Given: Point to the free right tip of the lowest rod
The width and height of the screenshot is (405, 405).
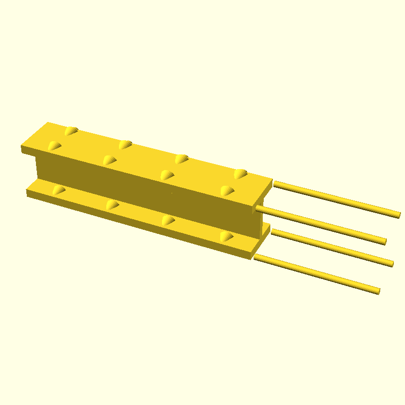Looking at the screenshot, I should coord(377,291).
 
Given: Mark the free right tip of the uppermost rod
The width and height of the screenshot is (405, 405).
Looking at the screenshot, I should coord(398,215).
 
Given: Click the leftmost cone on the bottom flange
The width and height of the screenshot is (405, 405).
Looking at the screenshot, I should coord(59,190).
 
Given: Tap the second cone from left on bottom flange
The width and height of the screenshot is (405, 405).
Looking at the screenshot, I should coord(112,205).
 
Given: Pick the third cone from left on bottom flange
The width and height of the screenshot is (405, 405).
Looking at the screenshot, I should coord(168,221).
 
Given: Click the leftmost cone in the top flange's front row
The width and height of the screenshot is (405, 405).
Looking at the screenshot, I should coord(54,146).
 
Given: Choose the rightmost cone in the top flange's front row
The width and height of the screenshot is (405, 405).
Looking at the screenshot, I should coord(227,191).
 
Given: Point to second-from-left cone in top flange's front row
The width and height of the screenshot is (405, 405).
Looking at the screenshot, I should coord(109,160).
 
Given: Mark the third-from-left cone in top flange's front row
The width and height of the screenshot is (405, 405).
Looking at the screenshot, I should coord(167,175).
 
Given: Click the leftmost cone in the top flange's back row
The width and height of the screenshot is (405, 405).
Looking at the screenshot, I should coord(72,131).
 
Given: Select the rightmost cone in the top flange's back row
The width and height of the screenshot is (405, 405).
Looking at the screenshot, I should coord(240,174).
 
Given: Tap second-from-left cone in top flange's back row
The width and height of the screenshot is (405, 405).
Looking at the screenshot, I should coord(126,145).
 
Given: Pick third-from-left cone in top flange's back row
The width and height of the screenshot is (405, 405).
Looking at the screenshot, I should coord(182,159).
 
